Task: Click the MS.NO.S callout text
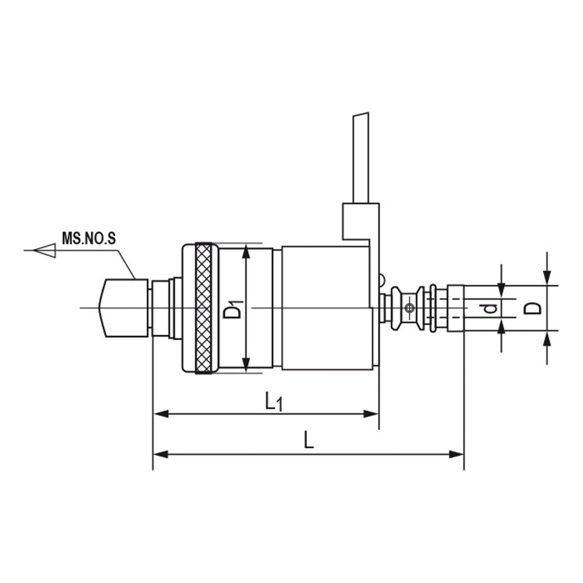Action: coord(89,239)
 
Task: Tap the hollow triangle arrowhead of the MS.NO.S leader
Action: coord(45,251)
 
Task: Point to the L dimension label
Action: coord(309,440)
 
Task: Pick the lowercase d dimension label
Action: coord(490,308)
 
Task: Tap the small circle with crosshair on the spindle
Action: coord(410,308)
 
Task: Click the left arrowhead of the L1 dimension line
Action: coord(161,414)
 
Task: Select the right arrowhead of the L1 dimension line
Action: coord(371,414)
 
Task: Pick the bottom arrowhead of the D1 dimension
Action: coord(246,364)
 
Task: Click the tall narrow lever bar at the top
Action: coord(361,158)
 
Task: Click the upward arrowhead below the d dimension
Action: coord(501,326)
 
